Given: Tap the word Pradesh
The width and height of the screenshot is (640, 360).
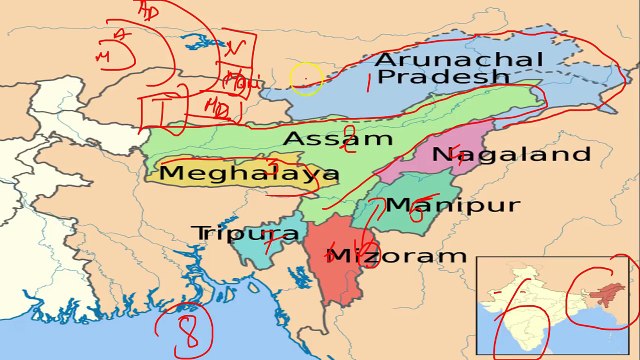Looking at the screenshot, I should pos(437,78).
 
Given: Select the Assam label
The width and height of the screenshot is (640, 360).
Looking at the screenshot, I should pos(319,138).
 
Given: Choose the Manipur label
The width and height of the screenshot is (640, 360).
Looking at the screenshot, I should pos(453,206).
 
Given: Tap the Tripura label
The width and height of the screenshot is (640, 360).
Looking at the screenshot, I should pos(246,233).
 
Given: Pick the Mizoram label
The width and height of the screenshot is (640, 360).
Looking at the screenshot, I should pos(398,256).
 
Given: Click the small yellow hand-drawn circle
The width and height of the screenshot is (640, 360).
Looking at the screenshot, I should pos(306,79).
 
